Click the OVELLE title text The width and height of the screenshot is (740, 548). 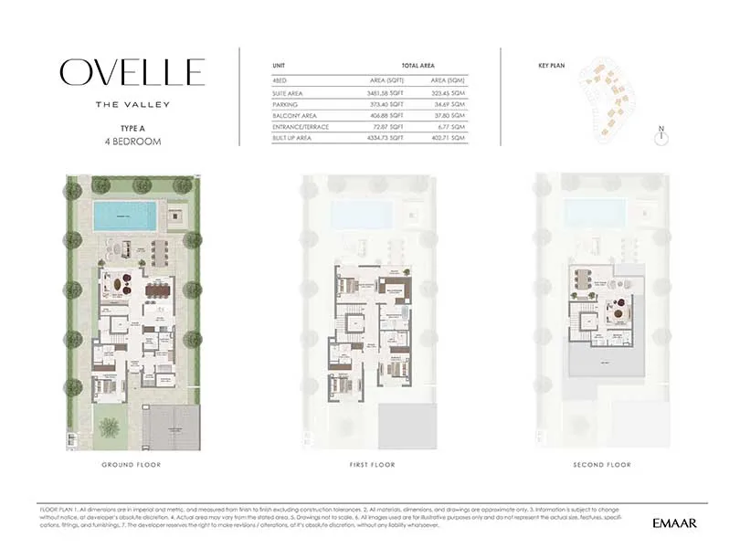click(132, 72)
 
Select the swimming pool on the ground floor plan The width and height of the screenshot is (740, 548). click(124, 216)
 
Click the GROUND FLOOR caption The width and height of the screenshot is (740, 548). click(132, 465)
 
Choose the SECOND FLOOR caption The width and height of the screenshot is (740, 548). click(601, 465)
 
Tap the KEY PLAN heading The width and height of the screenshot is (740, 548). click(554, 65)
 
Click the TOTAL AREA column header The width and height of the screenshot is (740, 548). click(417, 66)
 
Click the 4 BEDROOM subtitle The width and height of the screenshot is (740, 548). click(133, 142)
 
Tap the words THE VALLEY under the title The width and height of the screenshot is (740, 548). click(132, 104)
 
